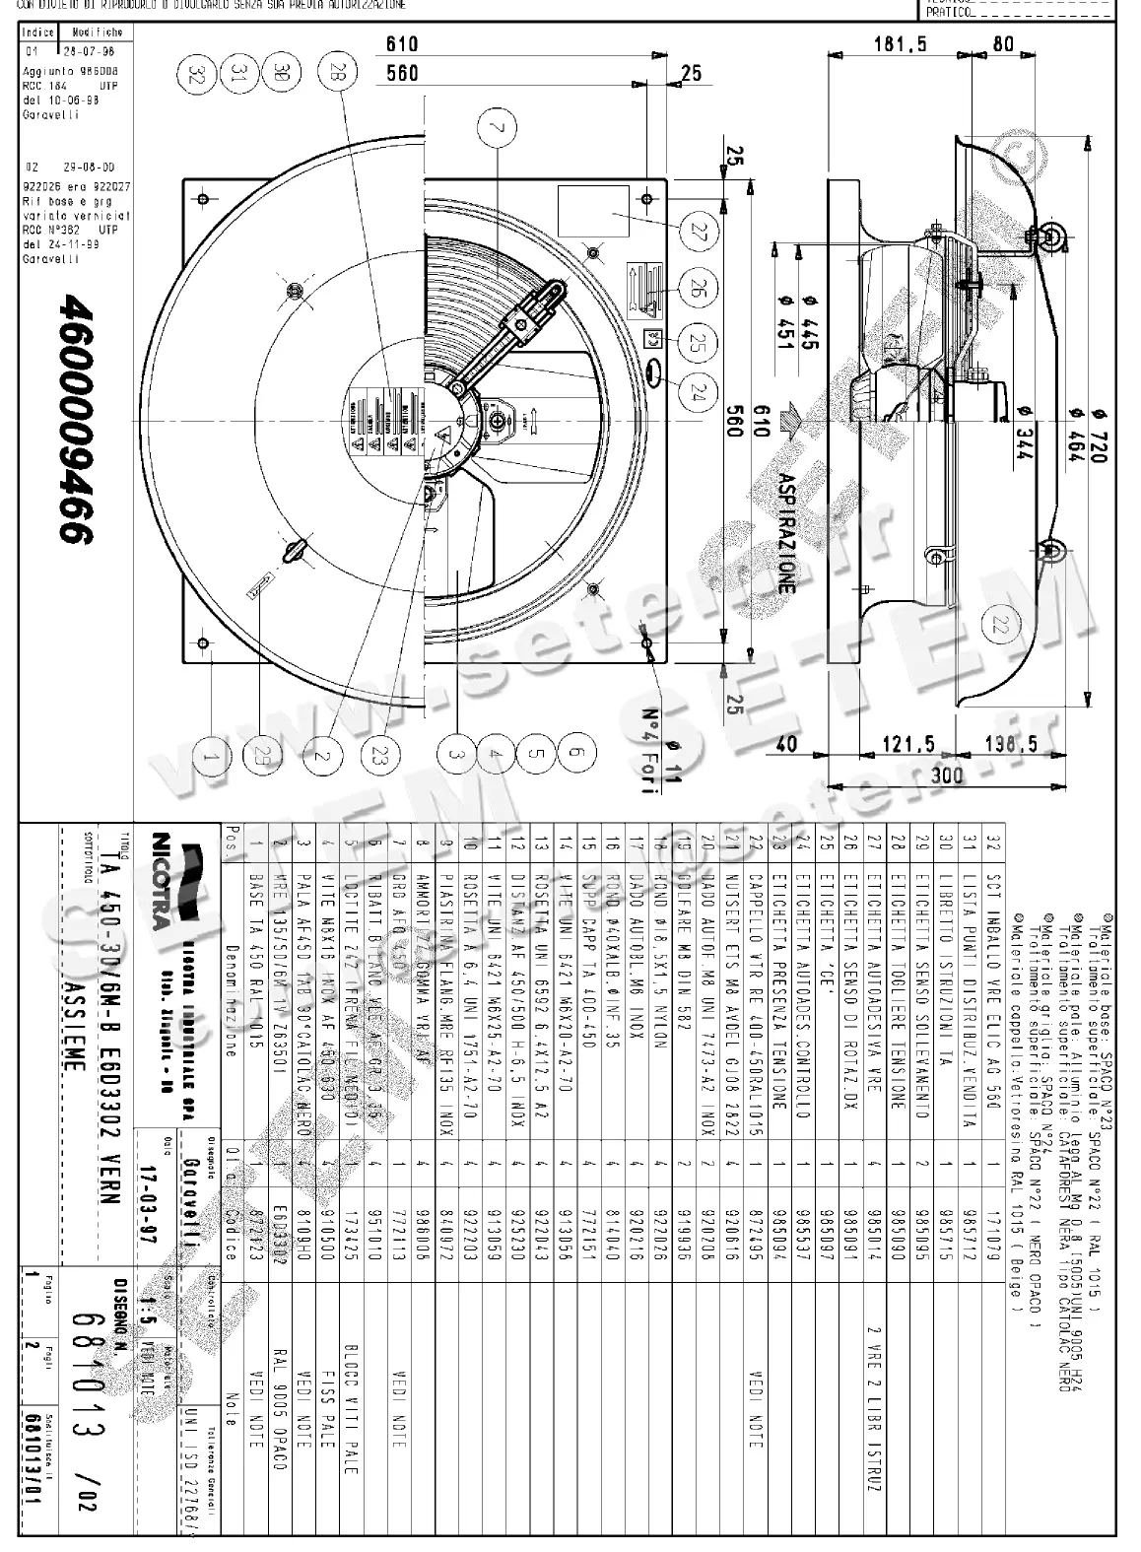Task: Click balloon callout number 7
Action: [x=500, y=129]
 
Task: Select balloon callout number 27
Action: [x=699, y=234]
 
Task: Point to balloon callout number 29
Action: [x=259, y=756]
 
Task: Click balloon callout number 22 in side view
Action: [x=1002, y=623]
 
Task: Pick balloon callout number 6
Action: [x=577, y=756]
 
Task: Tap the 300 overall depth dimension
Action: [x=946, y=776]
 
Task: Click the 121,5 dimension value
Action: [x=906, y=746]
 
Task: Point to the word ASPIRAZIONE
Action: [x=785, y=532]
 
